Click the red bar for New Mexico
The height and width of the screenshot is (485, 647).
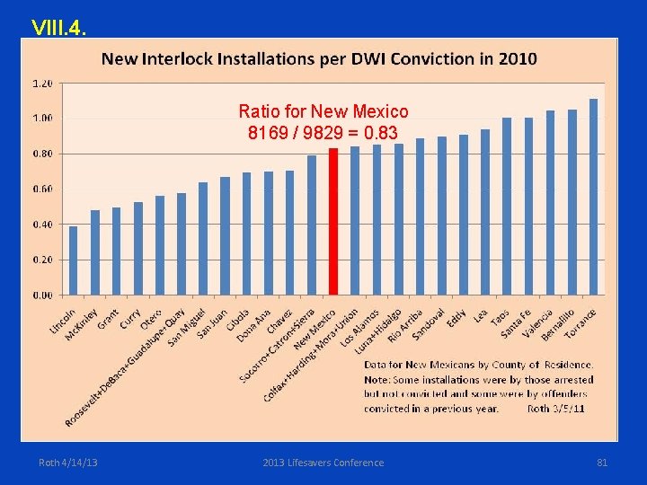coord(333,221)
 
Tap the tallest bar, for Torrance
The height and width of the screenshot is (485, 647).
coord(593,197)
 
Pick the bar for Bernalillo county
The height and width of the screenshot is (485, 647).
coord(572,202)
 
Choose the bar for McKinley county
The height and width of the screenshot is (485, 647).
coord(95,252)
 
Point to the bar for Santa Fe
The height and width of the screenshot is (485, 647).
coord(528,206)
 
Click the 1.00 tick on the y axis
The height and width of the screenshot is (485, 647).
coord(41,118)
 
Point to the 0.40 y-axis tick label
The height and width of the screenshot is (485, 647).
coord(41,224)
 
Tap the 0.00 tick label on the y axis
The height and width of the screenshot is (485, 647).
coord(41,295)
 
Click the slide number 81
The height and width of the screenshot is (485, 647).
coord(602,463)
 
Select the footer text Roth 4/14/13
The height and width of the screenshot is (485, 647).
coord(68,463)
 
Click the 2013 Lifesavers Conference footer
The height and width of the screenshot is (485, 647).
coord(323,463)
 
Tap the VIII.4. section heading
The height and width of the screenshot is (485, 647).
coord(58,27)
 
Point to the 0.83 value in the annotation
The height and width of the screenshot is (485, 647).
coord(381,134)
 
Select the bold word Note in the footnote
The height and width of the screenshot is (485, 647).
coord(377,379)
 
